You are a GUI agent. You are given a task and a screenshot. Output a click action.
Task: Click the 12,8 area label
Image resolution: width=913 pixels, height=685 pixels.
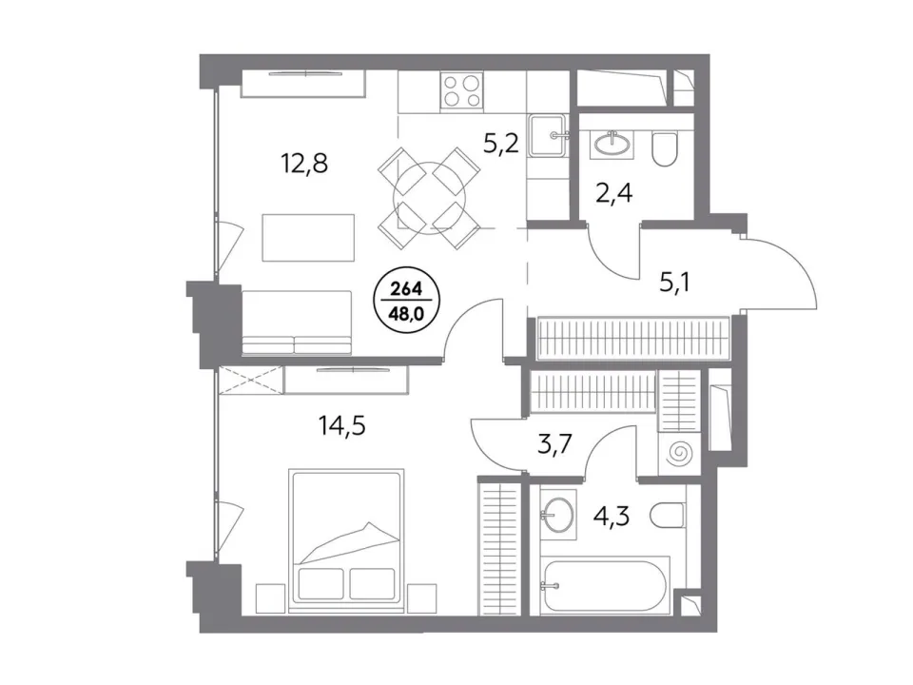[304, 164]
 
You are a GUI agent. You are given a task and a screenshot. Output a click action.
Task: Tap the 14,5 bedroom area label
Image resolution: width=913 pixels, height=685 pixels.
[341, 426]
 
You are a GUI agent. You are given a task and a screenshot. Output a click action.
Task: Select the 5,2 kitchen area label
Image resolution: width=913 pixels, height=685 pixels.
[501, 142]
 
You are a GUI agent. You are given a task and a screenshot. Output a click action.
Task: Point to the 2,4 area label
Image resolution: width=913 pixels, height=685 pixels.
[614, 193]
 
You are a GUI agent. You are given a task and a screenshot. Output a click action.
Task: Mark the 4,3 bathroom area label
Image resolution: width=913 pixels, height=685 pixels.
[612, 516]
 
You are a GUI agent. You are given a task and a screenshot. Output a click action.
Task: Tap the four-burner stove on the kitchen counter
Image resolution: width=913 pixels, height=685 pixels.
[462, 90]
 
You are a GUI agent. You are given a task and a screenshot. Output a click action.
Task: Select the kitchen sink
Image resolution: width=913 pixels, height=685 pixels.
[548, 136]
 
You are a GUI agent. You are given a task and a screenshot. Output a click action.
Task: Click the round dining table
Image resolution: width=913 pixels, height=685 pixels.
[430, 198]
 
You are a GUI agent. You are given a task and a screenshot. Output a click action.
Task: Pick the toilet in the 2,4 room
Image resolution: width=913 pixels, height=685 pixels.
[665, 149]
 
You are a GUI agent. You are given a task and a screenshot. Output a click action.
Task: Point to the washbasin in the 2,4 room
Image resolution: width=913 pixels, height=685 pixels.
[612, 142]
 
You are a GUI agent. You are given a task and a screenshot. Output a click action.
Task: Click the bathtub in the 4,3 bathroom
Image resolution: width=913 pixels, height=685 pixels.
[605, 585]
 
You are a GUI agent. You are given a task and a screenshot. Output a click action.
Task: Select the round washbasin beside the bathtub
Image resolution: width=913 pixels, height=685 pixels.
[558, 514]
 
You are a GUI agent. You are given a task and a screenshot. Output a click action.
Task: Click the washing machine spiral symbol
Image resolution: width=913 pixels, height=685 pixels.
[679, 453]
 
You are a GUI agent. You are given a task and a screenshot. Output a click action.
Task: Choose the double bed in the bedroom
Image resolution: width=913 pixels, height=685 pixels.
[346, 540]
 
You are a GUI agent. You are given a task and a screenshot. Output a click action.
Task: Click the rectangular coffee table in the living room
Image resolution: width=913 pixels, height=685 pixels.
[308, 238]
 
